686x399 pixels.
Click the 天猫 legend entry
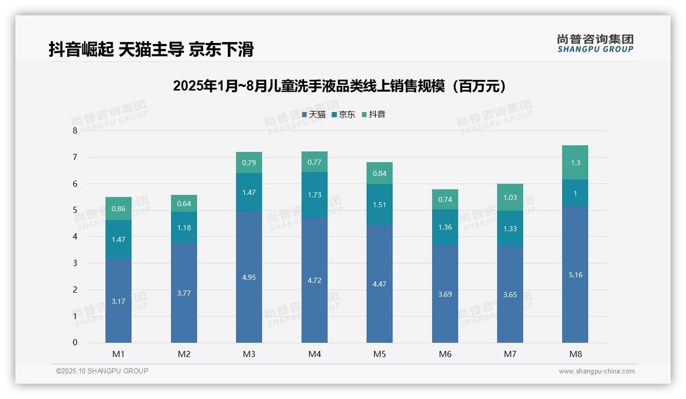tap(313, 115)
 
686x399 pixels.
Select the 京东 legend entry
tap(343, 115)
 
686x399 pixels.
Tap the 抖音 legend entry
tap(373, 115)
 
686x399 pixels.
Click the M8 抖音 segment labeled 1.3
tap(575, 163)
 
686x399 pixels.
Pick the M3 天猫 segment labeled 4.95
tap(249, 277)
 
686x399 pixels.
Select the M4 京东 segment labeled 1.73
tap(314, 195)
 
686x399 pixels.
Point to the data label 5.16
tap(575, 275)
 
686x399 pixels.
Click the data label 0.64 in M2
tap(184, 204)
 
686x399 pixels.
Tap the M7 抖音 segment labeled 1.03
tap(510, 197)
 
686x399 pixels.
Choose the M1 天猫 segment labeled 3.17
tap(118, 301)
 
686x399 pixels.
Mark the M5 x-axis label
tap(379, 354)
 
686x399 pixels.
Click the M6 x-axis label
tap(445, 354)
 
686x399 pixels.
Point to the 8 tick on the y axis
tap(75, 130)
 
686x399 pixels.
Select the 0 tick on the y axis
tap(75, 343)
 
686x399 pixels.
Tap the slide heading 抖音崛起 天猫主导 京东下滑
tap(151, 49)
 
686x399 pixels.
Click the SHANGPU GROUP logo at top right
tap(595, 43)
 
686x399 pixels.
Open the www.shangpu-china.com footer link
tap(596, 371)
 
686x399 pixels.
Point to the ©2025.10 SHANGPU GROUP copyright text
tap(102, 371)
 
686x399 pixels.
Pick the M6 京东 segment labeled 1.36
tap(445, 227)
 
